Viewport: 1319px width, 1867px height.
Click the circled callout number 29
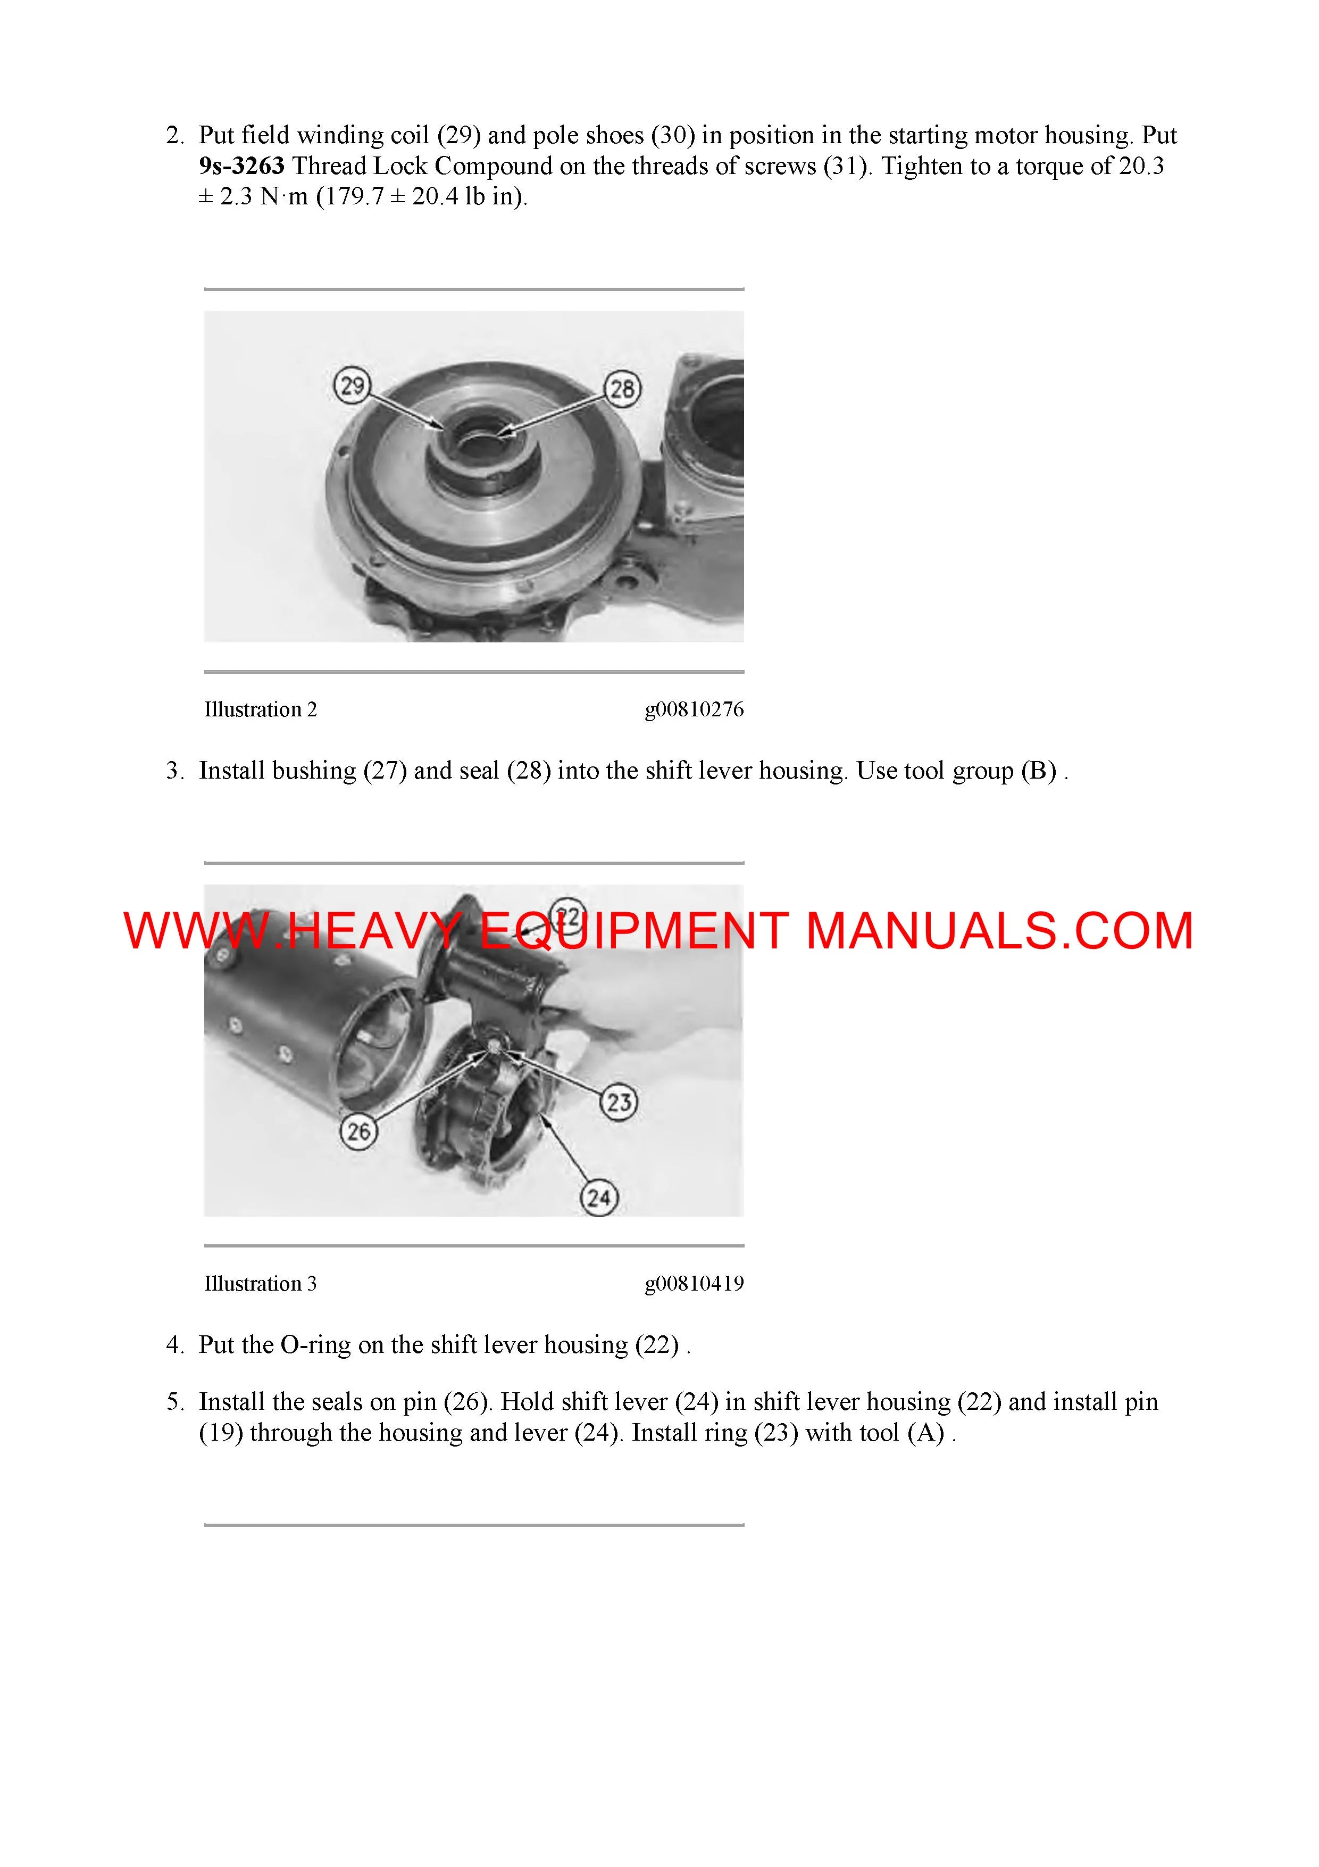click(353, 385)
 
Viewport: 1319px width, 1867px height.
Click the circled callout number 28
click(622, 390)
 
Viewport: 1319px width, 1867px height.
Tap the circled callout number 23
click(619, 1103)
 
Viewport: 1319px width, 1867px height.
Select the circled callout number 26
click(359, 1131)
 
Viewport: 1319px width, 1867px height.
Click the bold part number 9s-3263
click(241, 166)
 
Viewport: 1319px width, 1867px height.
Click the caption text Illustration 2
click(260, 710)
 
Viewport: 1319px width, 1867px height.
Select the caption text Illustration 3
click(260, 1284)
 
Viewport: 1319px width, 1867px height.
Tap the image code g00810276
click(694, 710)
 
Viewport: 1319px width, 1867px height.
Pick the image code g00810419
click(694, 1284)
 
